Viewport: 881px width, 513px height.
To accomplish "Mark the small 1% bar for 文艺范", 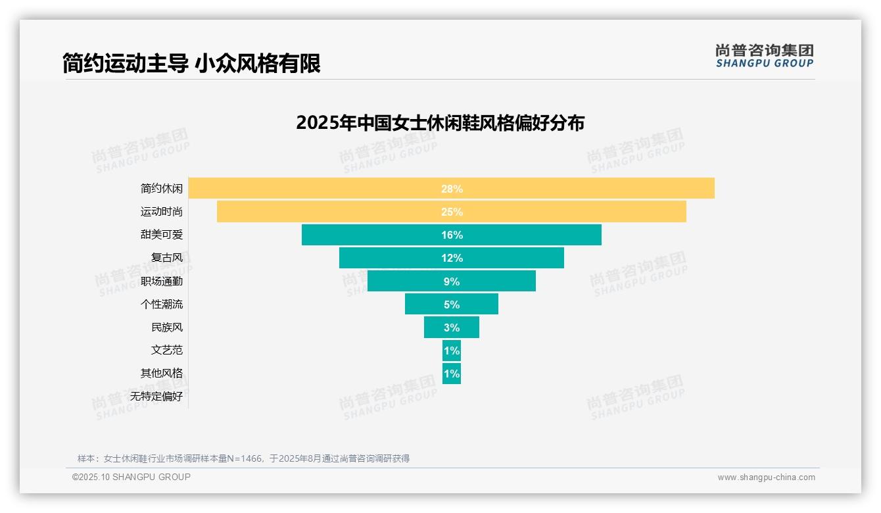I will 452,351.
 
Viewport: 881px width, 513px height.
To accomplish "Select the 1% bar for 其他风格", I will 452,374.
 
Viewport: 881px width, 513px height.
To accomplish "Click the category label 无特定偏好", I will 156,397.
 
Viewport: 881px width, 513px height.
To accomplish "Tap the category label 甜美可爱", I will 162,235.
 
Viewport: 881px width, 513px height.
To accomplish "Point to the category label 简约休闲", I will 162,189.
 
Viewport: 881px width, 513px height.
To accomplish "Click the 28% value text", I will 452,189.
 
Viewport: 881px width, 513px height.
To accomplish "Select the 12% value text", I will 452,258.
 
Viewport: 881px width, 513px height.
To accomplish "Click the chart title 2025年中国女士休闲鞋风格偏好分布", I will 440,123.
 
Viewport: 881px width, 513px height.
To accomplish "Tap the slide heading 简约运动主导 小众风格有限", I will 191,64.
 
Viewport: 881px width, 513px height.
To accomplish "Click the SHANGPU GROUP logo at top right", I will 764,56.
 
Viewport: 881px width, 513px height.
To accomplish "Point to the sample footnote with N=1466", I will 243,458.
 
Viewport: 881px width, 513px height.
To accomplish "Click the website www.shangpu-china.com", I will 766,477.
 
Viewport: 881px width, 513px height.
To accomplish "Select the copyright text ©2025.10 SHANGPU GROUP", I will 131,477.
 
